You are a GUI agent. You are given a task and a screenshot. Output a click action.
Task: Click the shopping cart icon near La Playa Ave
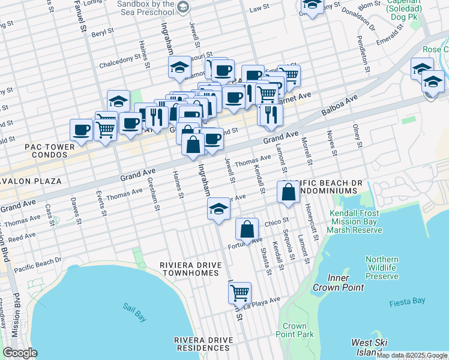[240, 293]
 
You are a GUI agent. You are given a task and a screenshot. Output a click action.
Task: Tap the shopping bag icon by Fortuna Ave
[247, 229]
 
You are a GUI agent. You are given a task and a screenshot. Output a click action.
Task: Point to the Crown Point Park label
[298, 330]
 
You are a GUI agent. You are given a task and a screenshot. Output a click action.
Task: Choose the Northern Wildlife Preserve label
[382, 268]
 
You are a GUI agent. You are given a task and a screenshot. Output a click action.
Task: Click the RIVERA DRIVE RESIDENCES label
[203, 344]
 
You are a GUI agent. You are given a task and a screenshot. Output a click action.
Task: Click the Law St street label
[259, 8]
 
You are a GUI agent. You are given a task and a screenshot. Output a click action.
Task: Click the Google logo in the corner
[20, 353]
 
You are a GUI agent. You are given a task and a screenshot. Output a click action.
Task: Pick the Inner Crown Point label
[338, 283]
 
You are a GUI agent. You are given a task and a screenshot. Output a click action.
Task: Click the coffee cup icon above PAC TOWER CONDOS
[81, 129]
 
